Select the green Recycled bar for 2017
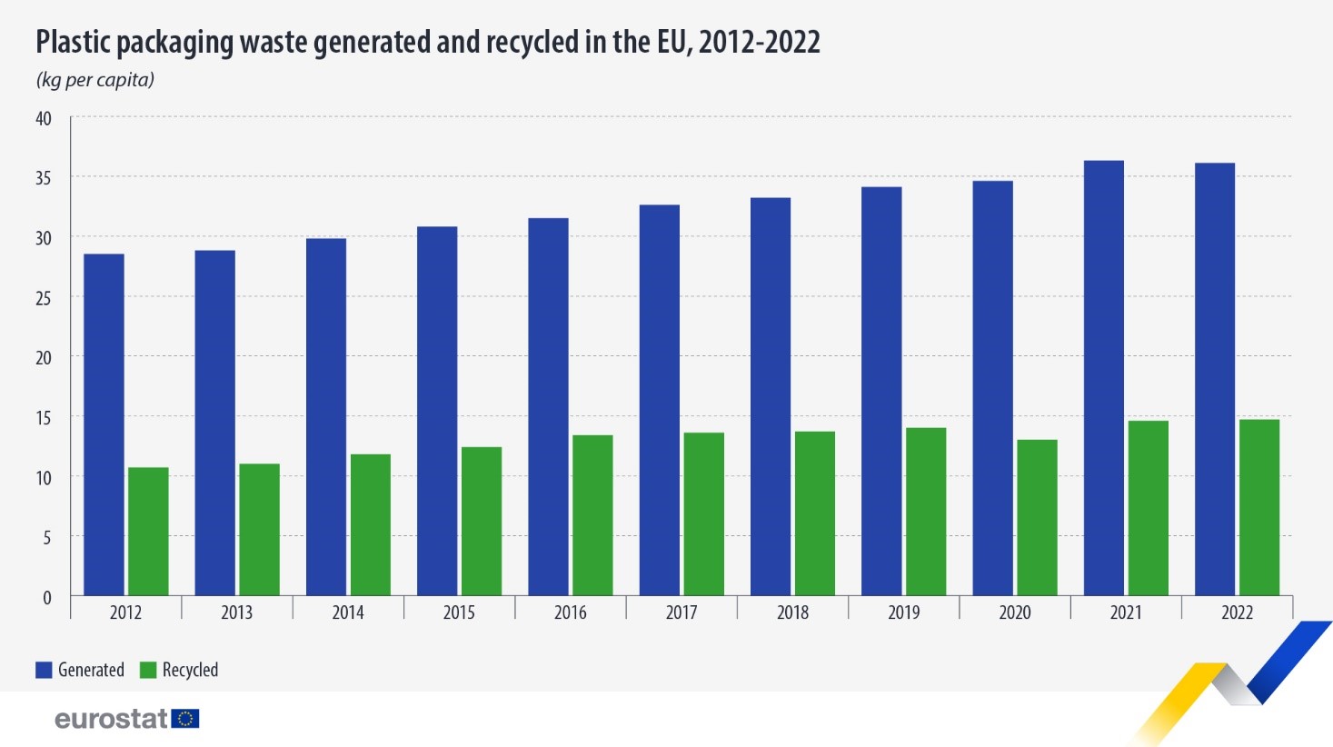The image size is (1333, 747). [704, 514]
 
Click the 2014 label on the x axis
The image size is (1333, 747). [348, 613]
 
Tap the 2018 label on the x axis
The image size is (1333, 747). [792, 613]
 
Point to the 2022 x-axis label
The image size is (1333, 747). [1237, 613]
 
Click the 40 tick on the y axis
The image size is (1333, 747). [44, 118]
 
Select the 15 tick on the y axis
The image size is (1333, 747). [44, 417]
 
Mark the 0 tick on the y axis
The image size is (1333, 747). [47, 597]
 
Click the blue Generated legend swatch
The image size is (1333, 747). [44, 670]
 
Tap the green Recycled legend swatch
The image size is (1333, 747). [148, 670]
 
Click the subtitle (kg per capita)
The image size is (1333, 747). [95, 80]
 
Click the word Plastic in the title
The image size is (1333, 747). [74, 43]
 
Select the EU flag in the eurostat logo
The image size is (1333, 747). [185, 719]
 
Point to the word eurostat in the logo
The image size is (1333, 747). [111, 719]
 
